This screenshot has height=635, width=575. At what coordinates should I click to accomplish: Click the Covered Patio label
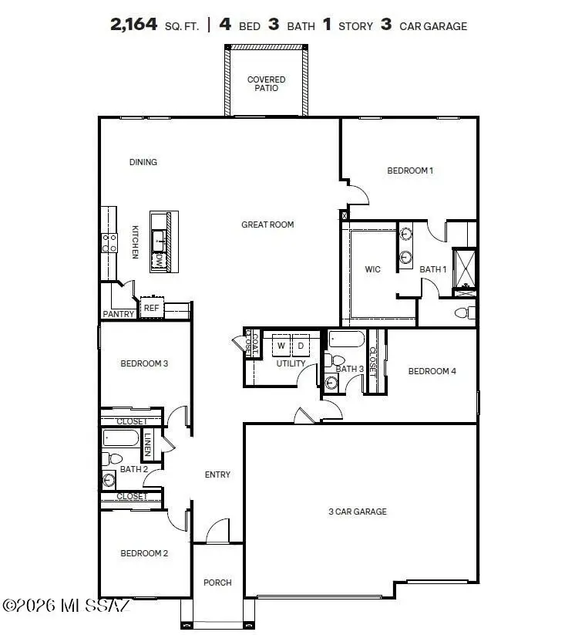click(x=266, y=84)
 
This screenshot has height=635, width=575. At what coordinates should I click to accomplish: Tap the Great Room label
click(x=267, y=225)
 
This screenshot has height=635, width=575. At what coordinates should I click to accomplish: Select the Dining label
click(x=143, y=162)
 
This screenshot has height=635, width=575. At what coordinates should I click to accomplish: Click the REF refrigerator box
click(x=151, y=308)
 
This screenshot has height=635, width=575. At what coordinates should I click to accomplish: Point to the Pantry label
click(x=118, y=314)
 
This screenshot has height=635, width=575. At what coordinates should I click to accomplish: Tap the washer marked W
click(x=281, y=345)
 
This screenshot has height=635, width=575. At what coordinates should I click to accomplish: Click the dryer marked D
click(x=301, y=345)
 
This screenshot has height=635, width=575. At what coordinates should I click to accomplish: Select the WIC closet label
click(x=373, y=269)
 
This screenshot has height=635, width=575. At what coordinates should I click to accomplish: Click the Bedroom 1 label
click(x=409, y=171)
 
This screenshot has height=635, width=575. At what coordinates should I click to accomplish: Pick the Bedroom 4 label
click(x=432, y=371)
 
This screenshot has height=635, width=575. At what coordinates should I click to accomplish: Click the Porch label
click(x=217, y=583)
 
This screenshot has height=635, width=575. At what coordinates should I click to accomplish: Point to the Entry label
click(x=217, y=475)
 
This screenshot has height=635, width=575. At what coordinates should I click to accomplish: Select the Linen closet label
click(x=148, y=445)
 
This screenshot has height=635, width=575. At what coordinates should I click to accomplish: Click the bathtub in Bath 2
click(x=121, y=440)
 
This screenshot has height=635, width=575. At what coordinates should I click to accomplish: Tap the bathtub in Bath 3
click(x=348, y=339)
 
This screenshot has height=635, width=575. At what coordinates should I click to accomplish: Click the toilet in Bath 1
click(x=463, y=312)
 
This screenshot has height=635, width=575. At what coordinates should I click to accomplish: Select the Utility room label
click(x=291, y=363)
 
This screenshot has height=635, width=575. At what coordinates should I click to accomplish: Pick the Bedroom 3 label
click(x=144, y=363)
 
